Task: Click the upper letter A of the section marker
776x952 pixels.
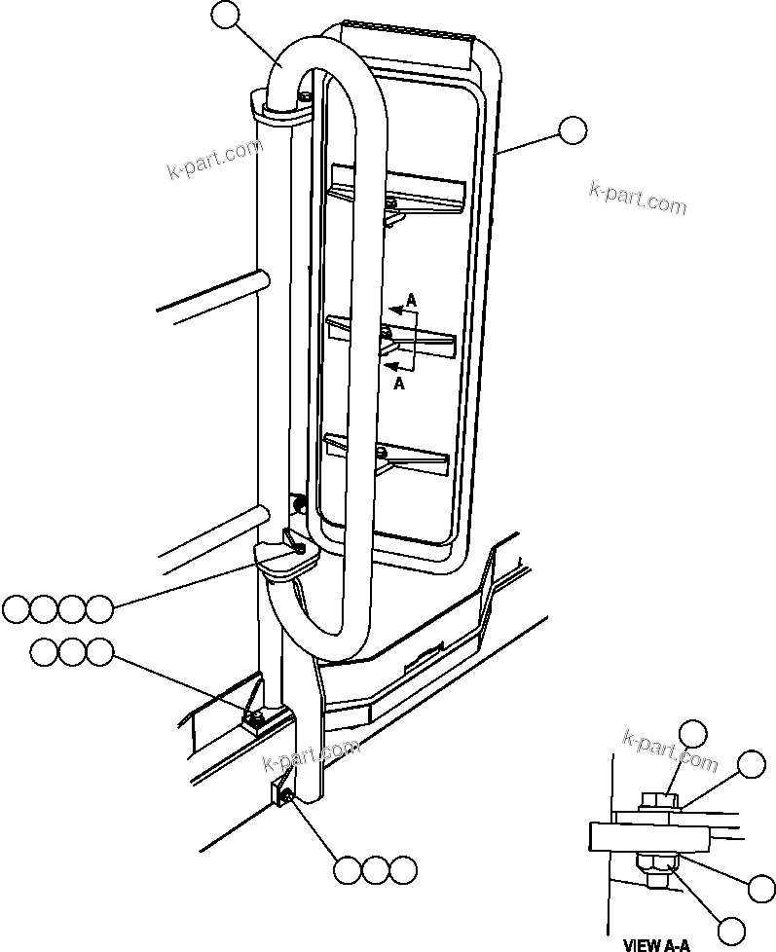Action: point(411,303)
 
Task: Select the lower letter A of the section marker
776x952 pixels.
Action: point(399,384)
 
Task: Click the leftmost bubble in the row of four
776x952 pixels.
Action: point(16,609)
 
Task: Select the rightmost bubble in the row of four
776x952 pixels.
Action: point(98,609)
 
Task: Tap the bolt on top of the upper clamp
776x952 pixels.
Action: point(306,95)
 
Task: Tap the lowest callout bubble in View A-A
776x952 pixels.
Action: point(728,931)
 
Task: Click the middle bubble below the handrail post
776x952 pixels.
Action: point(375,871)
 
